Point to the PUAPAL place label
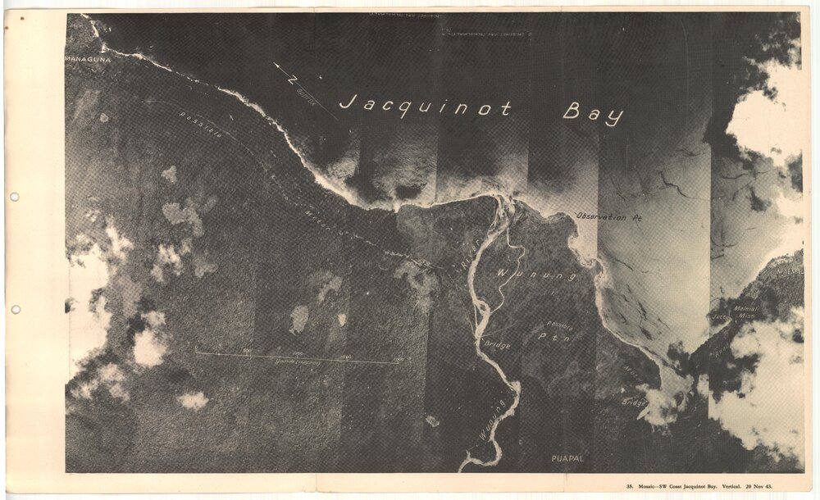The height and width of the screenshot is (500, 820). (567, 458)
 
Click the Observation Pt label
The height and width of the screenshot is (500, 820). (607, 217)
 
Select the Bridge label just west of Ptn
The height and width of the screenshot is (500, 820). (498, 345)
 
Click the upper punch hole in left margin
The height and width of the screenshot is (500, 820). (14, 197)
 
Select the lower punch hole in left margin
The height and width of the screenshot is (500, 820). (14, 310)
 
